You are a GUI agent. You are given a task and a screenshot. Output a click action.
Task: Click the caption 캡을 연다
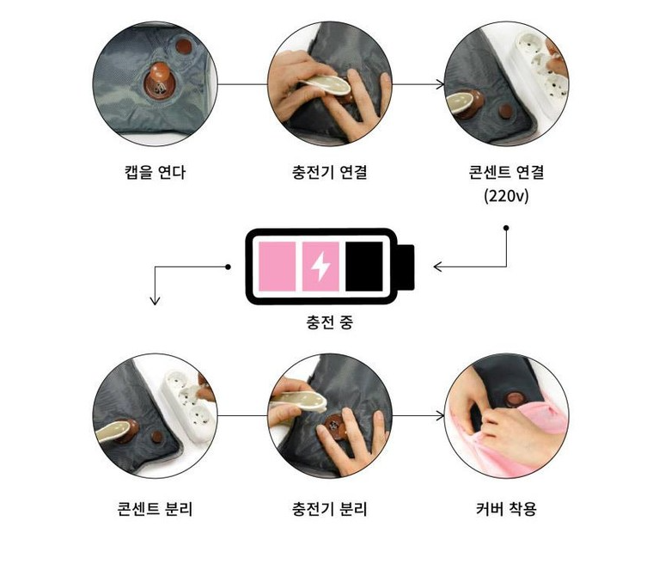click(x=155, y=172)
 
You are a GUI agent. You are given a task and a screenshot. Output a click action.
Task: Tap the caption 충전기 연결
click(x=330, y=172)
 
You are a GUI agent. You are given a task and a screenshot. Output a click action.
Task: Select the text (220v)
click(x=506, y=196)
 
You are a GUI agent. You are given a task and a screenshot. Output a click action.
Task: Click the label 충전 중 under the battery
click(x=330, y=322)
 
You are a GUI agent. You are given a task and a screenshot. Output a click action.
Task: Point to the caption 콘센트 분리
click(x=155, y=509)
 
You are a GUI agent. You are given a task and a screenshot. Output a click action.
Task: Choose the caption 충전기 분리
click(x=330, y=509)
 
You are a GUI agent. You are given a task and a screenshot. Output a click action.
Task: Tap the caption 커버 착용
click(x=506, y=509)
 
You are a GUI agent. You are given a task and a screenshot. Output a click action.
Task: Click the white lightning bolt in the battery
click(x=320, y=267)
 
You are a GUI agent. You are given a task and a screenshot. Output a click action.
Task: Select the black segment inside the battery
click(x=364, y=267)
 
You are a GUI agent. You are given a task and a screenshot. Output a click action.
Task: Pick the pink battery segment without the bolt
click(x=277, y=267)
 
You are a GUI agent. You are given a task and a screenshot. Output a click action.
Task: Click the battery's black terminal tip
click(x=406, y=267)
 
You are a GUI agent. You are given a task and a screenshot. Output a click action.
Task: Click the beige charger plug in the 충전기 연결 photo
click(x=326, y=85)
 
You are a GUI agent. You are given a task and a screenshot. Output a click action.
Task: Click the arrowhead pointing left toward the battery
click(x=437, y=267)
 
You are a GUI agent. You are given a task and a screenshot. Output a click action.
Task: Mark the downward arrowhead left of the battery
click(x=155, y=300)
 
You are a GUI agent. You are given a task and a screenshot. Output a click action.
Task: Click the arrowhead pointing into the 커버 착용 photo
click(x=441, y=415)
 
